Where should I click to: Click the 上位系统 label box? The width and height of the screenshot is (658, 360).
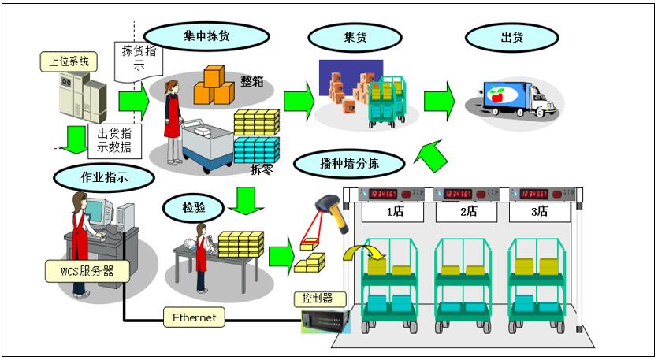tap(69, 61)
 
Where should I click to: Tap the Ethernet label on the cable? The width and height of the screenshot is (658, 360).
tap(194, 317)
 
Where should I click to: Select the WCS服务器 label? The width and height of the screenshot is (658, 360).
tap(87, 272)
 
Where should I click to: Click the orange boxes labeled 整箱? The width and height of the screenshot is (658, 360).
tap(214, 86)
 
